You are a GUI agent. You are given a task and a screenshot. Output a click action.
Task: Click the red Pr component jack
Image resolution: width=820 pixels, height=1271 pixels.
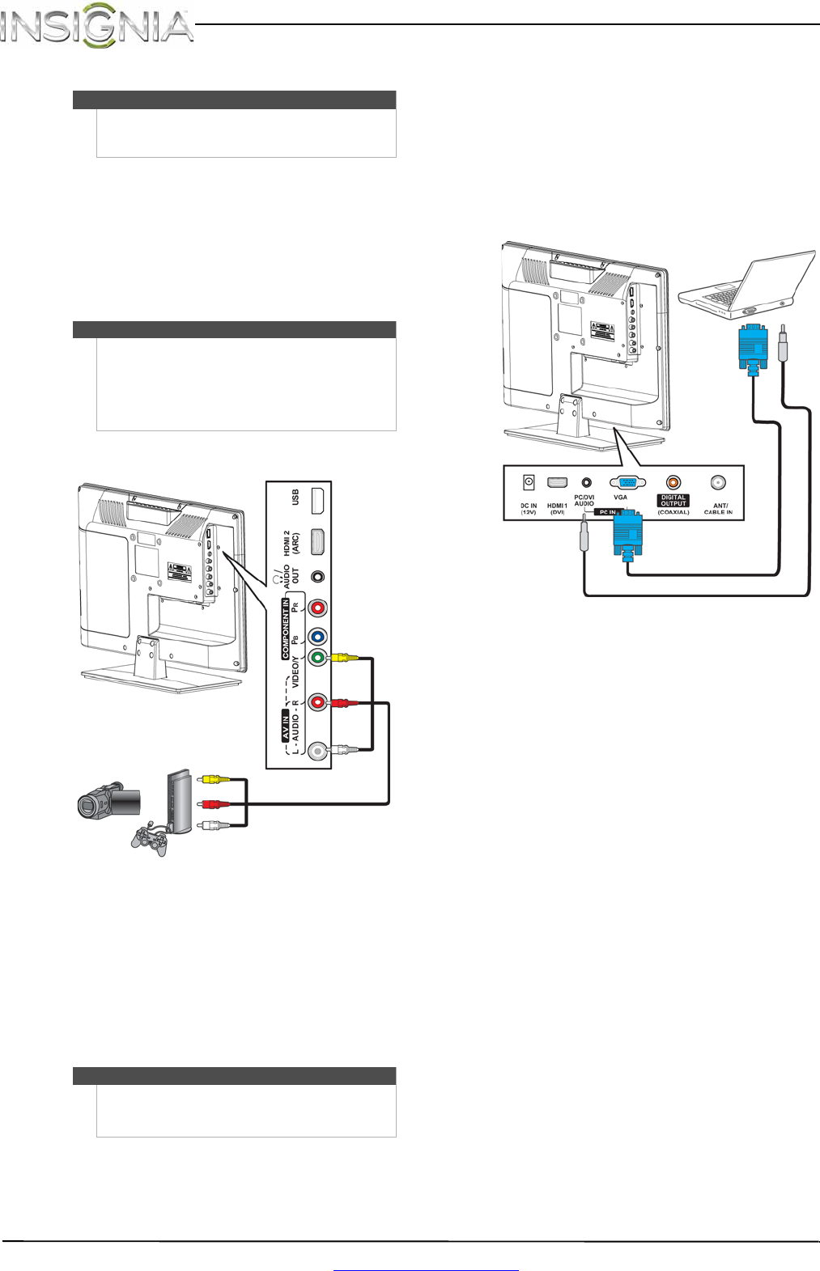(x=318, y=607)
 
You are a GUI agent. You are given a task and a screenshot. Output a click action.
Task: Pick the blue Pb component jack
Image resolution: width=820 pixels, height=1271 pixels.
(x=318, y=637)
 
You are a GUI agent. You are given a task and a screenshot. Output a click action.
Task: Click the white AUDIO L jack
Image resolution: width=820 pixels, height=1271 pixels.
(x=318, y=751)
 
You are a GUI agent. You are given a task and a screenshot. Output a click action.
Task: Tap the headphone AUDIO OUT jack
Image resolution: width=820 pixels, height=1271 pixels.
(x=318, y=577)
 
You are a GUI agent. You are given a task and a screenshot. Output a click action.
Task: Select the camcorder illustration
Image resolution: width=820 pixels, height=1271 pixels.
(x=108, y=801)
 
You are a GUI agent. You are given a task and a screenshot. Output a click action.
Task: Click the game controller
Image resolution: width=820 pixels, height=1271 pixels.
(x=150, y=839)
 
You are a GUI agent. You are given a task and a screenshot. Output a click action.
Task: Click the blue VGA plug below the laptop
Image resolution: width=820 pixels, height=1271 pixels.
(x=753, y=347)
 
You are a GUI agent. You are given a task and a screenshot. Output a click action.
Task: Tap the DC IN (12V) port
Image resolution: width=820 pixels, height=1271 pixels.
(x=529, y=482)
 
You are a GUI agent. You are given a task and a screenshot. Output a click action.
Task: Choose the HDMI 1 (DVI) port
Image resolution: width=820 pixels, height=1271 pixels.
(x=557, y=482)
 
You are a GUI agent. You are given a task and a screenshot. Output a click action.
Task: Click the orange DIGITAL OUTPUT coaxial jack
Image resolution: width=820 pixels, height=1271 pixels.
(x=673, y=483)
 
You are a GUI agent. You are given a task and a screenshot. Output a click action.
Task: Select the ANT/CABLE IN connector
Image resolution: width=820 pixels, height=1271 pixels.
(x=717, y=483)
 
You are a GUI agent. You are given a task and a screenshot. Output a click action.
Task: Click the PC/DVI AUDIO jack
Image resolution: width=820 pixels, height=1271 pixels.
(x=586, y=482)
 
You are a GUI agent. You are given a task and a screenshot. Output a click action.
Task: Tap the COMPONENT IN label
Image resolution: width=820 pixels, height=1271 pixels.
(x=285, y=629)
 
